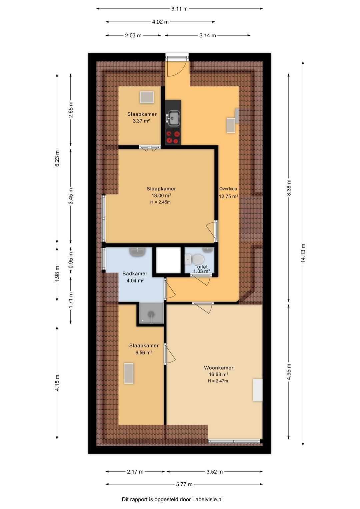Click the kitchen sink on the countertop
pyautogui.click(x=174, y=118)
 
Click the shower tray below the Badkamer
pyautogui.click(x=151, y=313)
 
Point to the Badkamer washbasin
pyautogui.click(x=138, y=251)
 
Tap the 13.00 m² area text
pyautogui.click(x=161, y=195)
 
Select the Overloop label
pyautogui.click(x=228, y=188)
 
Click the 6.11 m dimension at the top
pyautogui.click(x=179, y=9)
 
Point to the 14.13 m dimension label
pyautogui.click(x=303, y=253)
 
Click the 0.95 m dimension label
pyautogui.click(x=71, y=260)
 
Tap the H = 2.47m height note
pyautogui.click(x=218, y=381)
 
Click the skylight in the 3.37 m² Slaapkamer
pyautogui.click(x=147, y=97)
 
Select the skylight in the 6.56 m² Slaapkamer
pyautogui.click(x=129, y=374)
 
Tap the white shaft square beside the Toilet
pyautogui.click(x=168, y=260)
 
